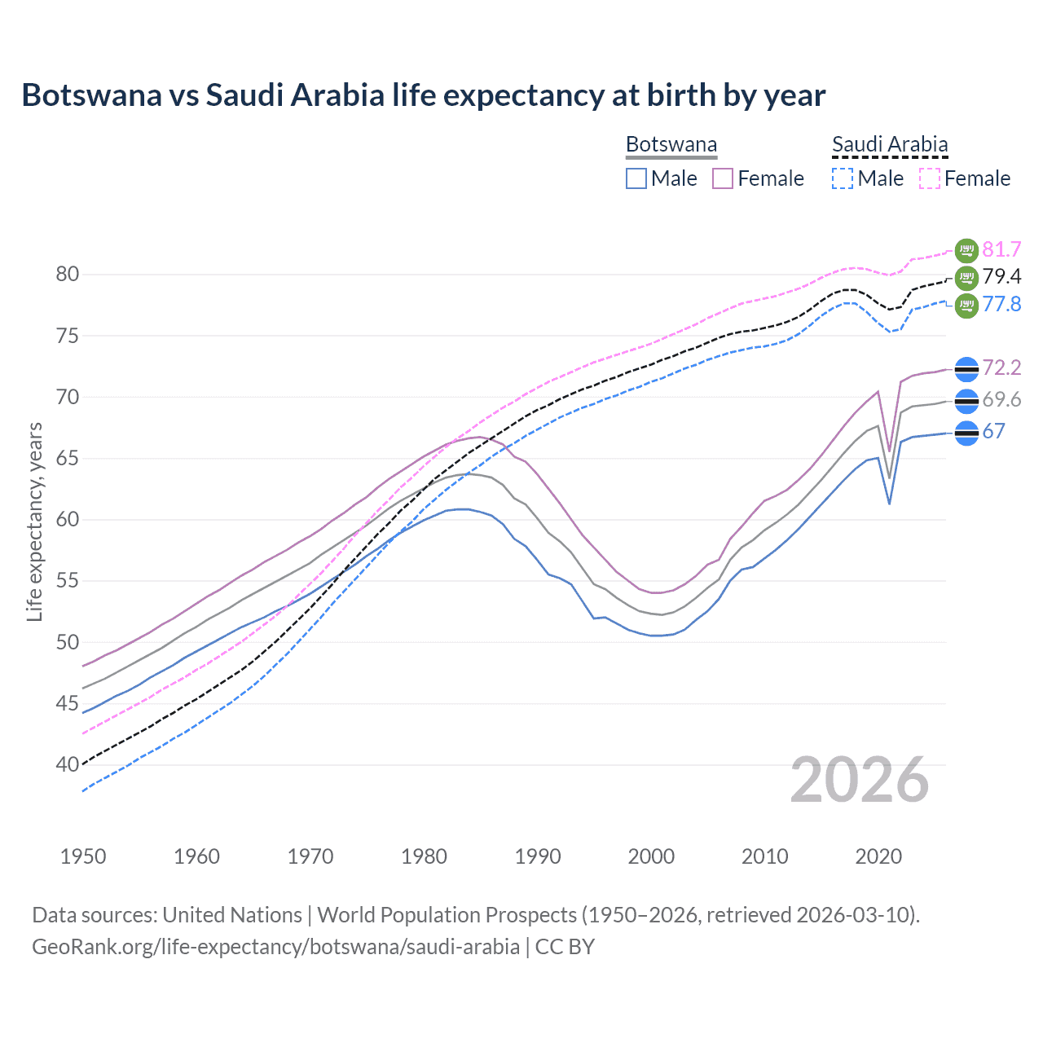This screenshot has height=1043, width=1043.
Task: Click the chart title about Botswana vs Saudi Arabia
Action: point(423,95)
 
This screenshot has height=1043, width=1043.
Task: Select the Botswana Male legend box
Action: point(636,178)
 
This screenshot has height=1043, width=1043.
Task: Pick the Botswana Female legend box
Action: point(723,178)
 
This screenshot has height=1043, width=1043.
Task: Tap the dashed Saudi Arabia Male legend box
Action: point(843,178)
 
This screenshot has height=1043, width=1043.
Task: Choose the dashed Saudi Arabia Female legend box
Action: point(930,178)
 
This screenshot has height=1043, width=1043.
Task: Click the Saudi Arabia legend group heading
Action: point(890,144)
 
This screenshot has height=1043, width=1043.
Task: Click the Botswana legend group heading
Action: point(671,144)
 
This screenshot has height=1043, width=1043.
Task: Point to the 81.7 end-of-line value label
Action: point(1001,249)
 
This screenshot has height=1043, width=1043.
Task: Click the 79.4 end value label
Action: point(1001,277)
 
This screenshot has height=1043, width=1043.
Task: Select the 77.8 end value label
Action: point(1001,304)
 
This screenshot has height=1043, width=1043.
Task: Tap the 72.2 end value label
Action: point(1001,367)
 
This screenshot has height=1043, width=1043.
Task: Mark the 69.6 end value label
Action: point(1001,399)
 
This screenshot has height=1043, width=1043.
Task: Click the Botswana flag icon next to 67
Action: point(966,433)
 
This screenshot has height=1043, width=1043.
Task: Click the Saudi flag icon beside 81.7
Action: point(966,250)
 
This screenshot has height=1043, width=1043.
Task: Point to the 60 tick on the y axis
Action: point(68,520)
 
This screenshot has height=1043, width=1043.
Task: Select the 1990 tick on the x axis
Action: point(538,856)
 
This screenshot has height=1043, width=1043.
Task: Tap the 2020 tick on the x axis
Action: point(878,856)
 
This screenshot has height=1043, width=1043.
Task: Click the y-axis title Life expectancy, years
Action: point(34,521)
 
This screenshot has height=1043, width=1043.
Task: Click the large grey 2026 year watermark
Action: point(860,780)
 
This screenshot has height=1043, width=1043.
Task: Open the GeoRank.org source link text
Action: point(275,947)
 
